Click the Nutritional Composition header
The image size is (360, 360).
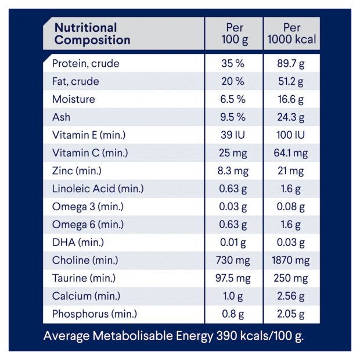(x=92, y=34)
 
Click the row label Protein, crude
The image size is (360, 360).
(x=85, y=64)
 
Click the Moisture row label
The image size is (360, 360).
(x=73, y=99)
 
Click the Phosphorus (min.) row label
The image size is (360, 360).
(x=95, y=314)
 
